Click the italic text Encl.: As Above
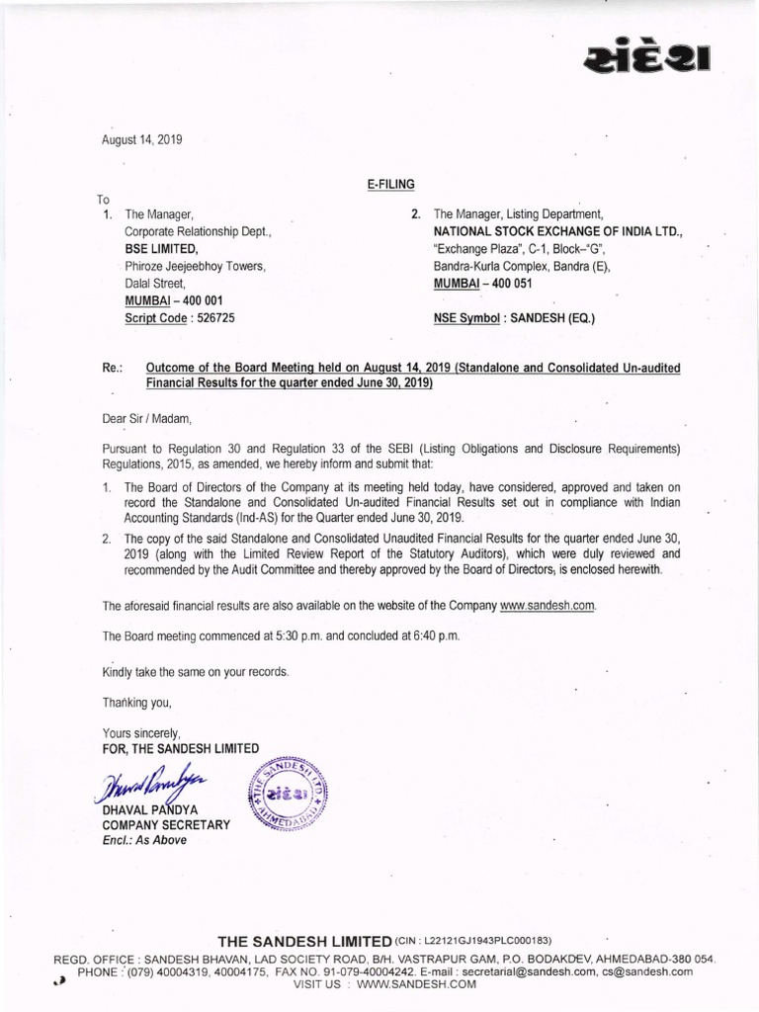tap(144, 840)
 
